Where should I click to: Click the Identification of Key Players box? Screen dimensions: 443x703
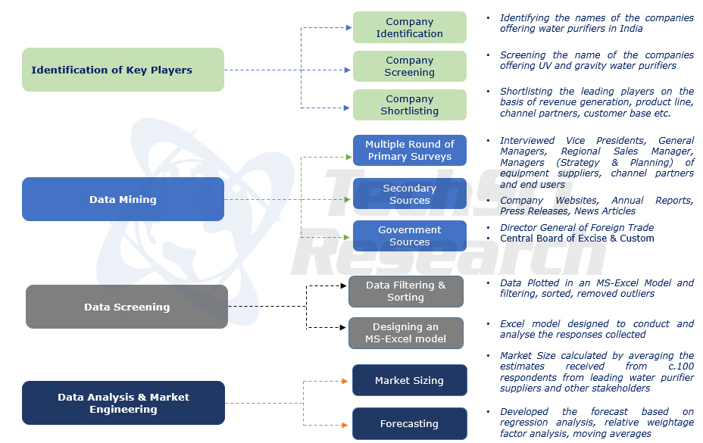(x=123, y=70)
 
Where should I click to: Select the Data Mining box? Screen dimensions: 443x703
(x=123, y=199)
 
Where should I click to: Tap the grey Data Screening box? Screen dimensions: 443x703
(x=127, y=307)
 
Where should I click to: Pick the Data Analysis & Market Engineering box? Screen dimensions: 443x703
(x=123, y=403)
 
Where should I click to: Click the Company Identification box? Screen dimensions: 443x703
(x=409, y=27)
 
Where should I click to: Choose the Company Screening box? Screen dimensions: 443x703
(x=409, y=66)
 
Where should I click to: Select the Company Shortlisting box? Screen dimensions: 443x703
(x=409, y=105)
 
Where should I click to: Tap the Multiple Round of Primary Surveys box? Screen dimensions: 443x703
(x=409, y=150)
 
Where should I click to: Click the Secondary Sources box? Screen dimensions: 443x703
(x=409, y=194)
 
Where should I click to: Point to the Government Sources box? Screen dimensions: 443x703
(x=409, y=236)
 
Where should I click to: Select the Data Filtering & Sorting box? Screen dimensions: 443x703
(x=405, y=291)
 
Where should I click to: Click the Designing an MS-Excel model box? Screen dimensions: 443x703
(x=405, y=333)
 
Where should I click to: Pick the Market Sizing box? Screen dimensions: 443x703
(x=409, y=380)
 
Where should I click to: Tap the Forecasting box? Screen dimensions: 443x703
(x=409, y=424)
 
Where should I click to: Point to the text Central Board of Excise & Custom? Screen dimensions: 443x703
(x=576, y=239)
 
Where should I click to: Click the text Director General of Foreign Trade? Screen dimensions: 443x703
(x=576, y=228)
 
